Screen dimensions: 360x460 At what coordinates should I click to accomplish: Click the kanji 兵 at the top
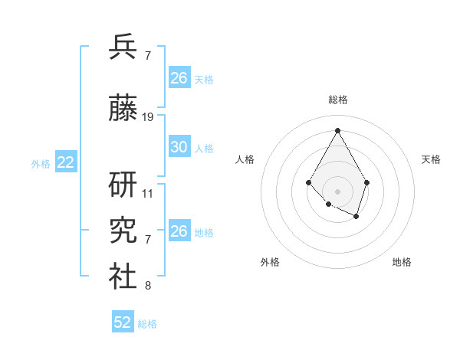click(123, 47)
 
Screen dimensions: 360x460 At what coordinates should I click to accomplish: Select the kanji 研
click(123, 186)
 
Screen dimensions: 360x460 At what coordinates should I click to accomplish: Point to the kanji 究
click(123, 231)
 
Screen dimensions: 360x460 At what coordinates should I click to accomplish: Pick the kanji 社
click(123, 277)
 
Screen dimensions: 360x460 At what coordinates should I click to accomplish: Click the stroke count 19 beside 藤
click(148, 117)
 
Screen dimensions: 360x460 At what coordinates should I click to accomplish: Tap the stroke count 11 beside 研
click(148, 194)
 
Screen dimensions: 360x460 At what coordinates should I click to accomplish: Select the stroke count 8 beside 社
click(148, 286)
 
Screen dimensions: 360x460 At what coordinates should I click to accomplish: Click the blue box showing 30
click(179, 147)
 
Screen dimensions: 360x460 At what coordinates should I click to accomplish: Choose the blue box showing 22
click(66, 162)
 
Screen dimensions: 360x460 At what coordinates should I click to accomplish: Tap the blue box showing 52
click(123, 323)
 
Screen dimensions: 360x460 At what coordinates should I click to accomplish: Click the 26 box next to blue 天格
click(179, 78)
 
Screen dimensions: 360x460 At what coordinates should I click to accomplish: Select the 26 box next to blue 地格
click(179, 231)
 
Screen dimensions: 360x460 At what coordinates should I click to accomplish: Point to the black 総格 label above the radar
click(338, 100)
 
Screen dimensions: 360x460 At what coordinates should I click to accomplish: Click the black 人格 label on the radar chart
click(245, 159)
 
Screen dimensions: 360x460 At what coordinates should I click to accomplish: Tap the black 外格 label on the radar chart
click(270, 262)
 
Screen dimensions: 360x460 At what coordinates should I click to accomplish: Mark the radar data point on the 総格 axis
click(337, 129)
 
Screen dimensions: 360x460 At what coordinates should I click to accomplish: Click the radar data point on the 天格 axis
click(367, 182)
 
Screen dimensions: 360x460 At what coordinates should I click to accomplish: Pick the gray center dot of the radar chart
click(337, 191)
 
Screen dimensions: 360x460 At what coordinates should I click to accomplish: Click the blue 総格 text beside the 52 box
click(147, 324)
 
